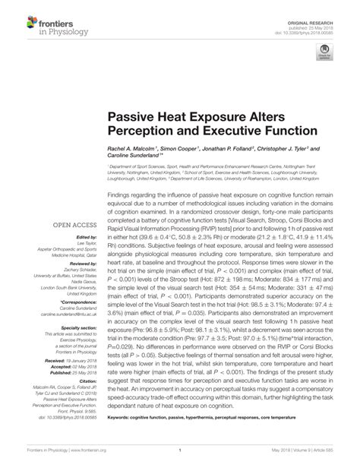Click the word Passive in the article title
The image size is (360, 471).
[133, 120]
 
